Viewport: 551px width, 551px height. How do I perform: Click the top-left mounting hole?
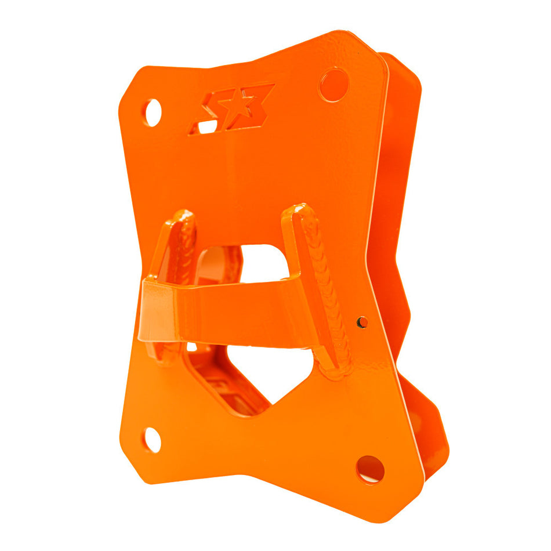tap(153, 112)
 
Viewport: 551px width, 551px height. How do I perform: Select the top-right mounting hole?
tap(333, 85)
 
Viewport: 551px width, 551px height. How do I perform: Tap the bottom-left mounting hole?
tap(152, 440)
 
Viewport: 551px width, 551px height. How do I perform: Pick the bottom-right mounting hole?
tap(370, 469)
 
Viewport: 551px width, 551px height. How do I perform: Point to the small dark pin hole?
tap(361, 322)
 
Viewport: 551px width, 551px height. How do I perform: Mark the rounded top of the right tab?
tap(298, 209)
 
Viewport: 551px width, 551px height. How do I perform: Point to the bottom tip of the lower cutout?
tap(251, 413)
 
